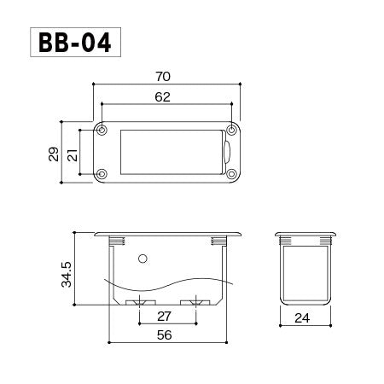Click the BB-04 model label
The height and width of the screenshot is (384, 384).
[x=74, y=43]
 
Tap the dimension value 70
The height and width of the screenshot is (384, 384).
[x=163, y=77]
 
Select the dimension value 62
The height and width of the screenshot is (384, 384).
[x=162, y=97]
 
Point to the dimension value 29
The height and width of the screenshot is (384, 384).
[x=54, y=154]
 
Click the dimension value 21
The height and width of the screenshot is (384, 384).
[x=73, y=155]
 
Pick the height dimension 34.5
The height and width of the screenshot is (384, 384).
[x=67, y=274]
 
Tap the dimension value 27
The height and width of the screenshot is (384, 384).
[x=164, y=317]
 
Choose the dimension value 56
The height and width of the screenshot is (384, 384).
[x=165, y=335]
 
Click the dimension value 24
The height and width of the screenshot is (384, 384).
[x=302, y=318]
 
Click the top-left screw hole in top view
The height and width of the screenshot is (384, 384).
[x=102, y=131]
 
